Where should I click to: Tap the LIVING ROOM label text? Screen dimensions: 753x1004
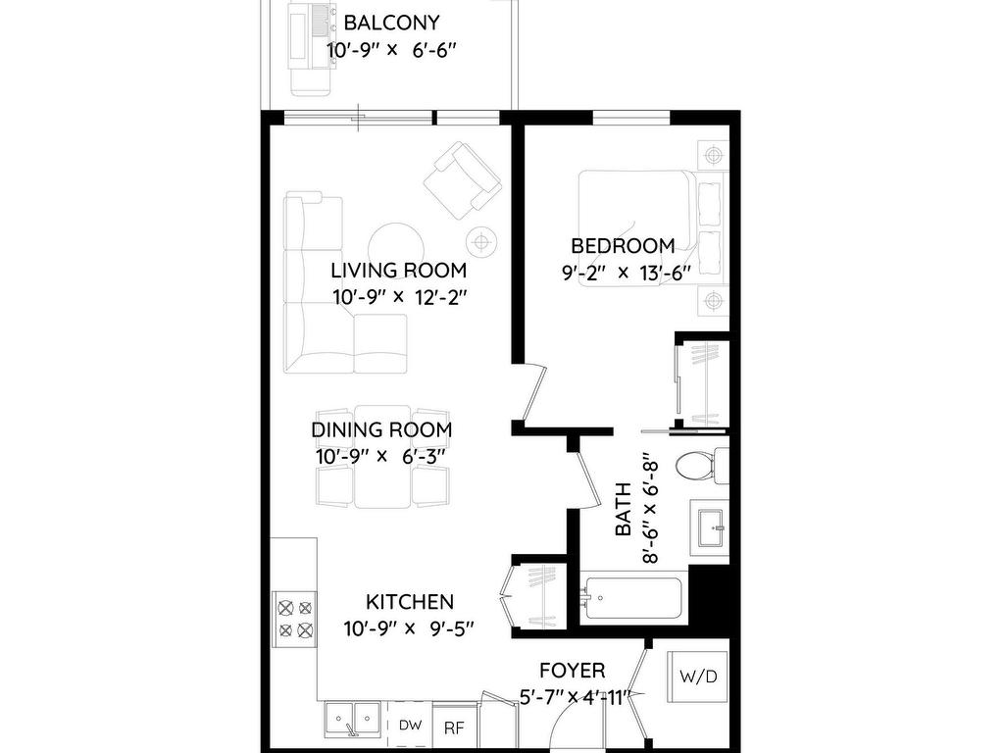tap(398, 271)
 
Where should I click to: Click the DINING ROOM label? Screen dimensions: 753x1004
tap(381, 429)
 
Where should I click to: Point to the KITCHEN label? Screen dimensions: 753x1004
tap(410, 602)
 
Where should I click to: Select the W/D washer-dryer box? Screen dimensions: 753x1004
tap(697, 676)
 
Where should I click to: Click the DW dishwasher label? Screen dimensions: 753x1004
tap(409, 727)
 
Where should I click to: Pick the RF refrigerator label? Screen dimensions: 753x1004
tap(454, 728)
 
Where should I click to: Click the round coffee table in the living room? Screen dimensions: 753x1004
tap(397, 244)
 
